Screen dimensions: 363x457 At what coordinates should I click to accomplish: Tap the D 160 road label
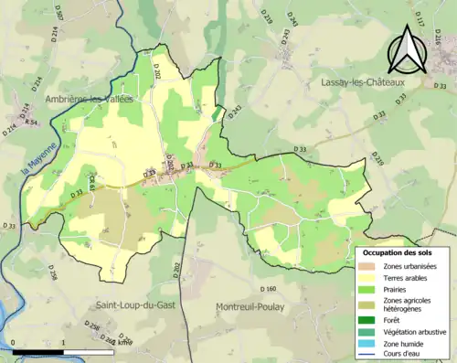point(268,290)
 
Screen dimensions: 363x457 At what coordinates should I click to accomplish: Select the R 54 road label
point(32,123)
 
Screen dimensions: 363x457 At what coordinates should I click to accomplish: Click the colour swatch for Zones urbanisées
point(368,265)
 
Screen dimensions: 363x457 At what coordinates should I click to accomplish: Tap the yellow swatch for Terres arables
point(368,278)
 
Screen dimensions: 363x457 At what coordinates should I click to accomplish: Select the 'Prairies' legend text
point(397,291)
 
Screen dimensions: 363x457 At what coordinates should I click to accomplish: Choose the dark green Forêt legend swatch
point(368,320)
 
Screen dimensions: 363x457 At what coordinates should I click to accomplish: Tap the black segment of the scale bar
point(38,349)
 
